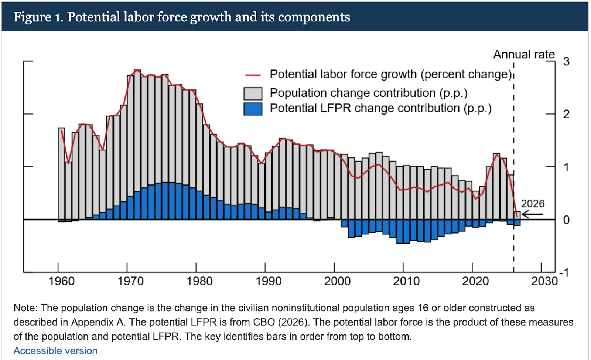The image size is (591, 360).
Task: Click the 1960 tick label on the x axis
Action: (x=61, y=281)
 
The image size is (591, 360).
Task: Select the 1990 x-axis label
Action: (x=269, y=281)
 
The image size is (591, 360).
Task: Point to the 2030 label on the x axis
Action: (x=544, y=281)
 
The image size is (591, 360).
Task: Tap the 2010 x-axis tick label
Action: (x=406, y=281)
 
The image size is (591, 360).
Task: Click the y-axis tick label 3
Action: (x=566, y=61)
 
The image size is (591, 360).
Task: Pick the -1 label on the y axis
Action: (x=564, y=273)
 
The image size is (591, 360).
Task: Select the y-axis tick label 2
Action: (x=566, y=114)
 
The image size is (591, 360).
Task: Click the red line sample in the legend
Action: (x=253, y=75)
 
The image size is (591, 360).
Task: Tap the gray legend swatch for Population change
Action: (x=253, y=94)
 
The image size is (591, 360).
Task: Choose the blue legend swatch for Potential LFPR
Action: (x=253, y=109)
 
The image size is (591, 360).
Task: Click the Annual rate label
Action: (x=524, y=55)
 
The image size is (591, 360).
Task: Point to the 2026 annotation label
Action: (x=533, y=204)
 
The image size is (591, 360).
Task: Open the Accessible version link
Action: (x=55, y=351)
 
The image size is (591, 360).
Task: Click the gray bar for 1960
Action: (x=61, y=174)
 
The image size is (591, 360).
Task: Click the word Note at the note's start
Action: (x=24, y=308)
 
